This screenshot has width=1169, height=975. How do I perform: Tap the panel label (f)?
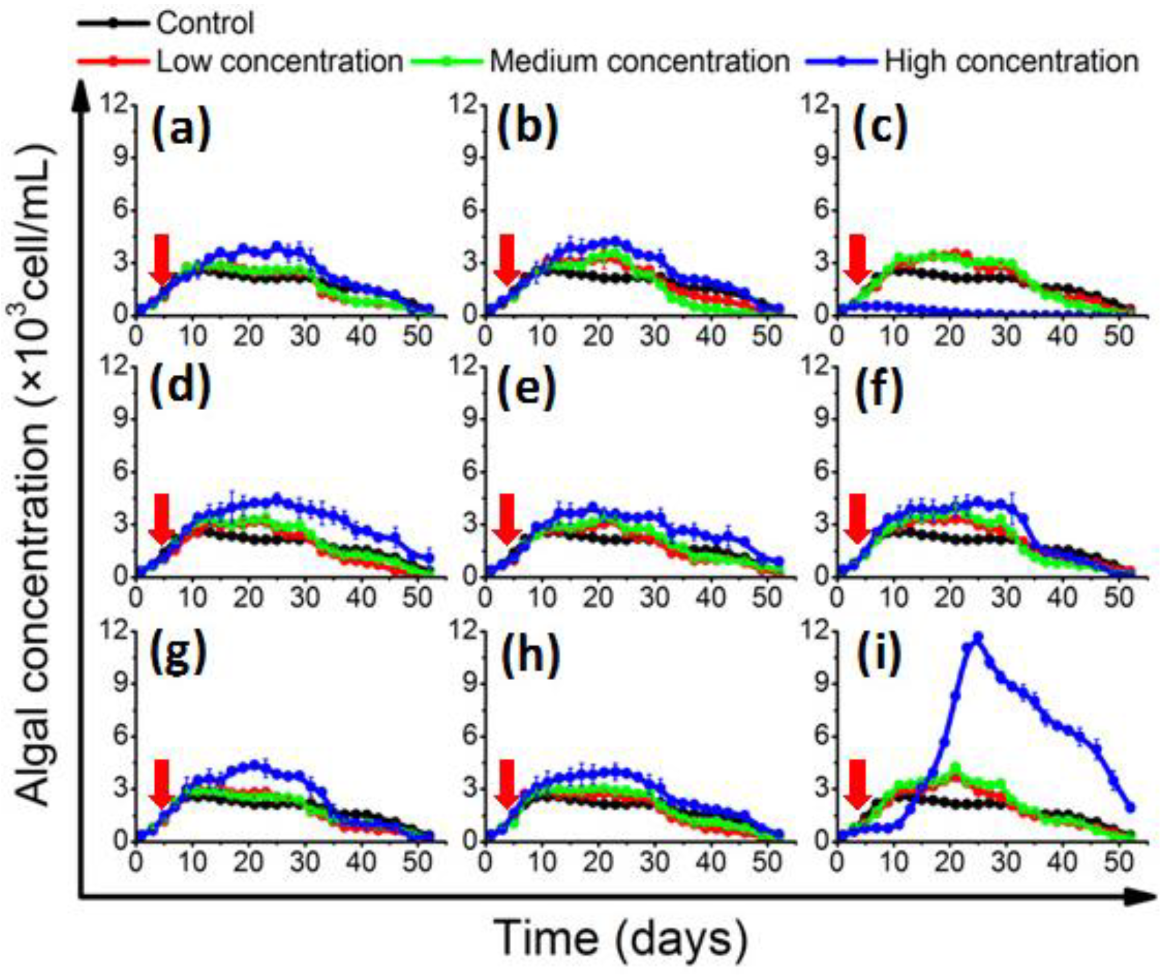coord(879,389)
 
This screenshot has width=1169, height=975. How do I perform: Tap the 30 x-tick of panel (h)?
coord(655,862)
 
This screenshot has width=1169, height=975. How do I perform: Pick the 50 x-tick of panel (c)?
coord(1118,336)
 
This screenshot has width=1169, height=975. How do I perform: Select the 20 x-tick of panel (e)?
coord(598,598)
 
